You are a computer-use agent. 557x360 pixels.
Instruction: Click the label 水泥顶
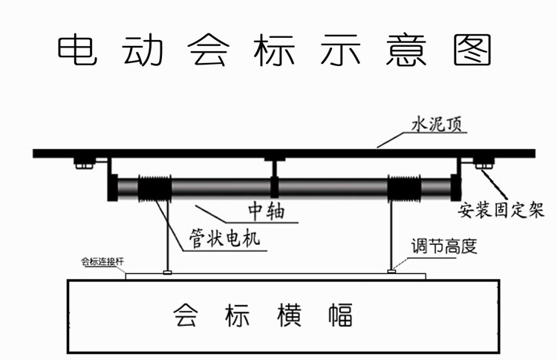pos(437,125)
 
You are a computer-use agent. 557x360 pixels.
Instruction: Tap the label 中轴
pos(267,211)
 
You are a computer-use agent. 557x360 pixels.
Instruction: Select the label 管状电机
pos(224,238)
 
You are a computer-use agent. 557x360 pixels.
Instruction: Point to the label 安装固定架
pos(501,210)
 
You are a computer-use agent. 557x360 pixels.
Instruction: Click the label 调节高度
pos(444,246)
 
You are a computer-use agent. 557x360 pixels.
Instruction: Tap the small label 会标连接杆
pos(102,262)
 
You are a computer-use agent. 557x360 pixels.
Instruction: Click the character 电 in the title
pos(77,50)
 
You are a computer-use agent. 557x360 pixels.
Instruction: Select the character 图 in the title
pos(472,50)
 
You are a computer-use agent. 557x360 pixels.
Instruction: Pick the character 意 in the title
pos(406,50)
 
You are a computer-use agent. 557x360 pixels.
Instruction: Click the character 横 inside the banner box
pos(289,315)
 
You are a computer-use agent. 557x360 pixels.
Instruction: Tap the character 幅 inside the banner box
pos(340,315)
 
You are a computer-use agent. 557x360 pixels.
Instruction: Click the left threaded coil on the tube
pos(154,188)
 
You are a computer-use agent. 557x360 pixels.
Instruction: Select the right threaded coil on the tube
pos(403,188)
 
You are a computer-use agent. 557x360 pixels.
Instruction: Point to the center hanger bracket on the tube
pos(274,177)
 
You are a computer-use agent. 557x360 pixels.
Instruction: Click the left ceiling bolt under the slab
pos(84,163)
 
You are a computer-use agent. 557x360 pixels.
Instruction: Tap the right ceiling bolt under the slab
pos(483,163)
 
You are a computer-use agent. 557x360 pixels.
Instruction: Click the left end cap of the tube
pos(113,188)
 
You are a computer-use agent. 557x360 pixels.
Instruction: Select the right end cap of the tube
pos(456,188)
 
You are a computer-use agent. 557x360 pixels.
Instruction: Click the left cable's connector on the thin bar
pos(167,272)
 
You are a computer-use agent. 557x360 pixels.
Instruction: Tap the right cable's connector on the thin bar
pos(391,272)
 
